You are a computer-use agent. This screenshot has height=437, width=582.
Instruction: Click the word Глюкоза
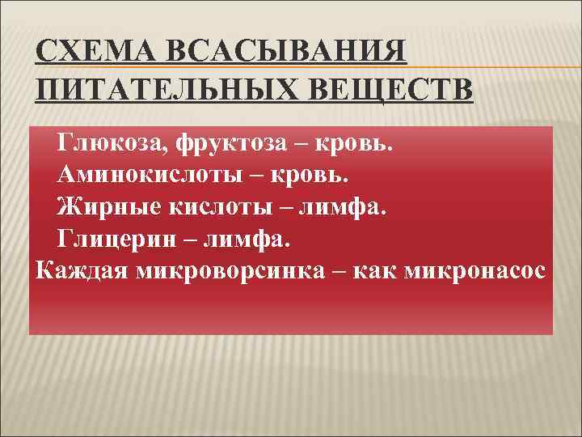[x=103, y=144]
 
